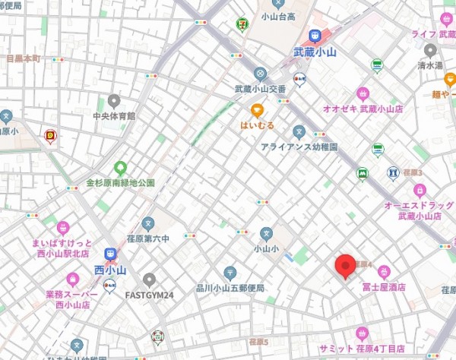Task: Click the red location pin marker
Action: [346, 266]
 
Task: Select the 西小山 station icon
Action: [111, 254]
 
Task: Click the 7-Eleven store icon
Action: [242, 24]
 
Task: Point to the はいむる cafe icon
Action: [257, 109]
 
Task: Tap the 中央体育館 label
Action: [114, 116]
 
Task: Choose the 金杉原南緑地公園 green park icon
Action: [119, 168]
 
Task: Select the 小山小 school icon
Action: [266, 234]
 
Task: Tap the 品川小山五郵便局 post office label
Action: [229, 288]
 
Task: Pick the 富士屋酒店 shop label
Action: [385, 287]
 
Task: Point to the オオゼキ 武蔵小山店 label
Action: [363, 109]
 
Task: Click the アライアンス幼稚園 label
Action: [299, 147]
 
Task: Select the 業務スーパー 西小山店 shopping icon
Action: [73, 279]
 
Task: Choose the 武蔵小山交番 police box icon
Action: [261, 74]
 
